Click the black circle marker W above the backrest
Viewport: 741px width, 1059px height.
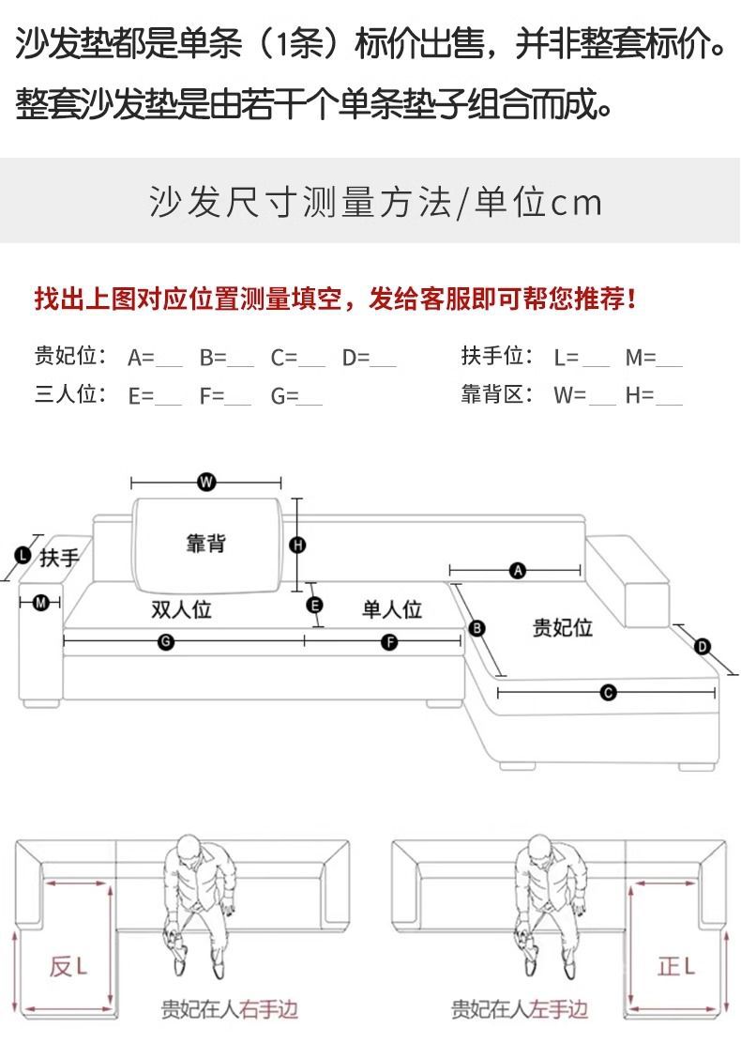[x=206, y=483]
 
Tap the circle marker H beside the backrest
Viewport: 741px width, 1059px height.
[x=298, y=545]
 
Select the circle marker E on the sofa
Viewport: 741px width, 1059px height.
[x=315, y=605]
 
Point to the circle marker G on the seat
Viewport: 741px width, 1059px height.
[x=165, y=642]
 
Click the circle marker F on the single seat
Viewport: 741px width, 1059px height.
[x=389, y=642]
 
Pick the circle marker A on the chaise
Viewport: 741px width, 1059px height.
[x=516, y=570]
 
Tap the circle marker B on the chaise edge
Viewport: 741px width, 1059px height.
[x=476, y=628]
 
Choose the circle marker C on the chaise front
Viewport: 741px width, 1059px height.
[x=608, y=693]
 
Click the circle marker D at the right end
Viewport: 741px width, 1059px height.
[x=703, y=646]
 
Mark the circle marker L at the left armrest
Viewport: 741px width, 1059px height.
[x=23, y=555]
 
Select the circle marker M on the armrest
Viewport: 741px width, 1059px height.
[x=40, y=603]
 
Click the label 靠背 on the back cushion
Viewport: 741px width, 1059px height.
[x=204, y=544]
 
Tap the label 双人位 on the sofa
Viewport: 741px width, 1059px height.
[x=182, y=609]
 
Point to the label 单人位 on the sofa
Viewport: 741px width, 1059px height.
[x=392, y=609]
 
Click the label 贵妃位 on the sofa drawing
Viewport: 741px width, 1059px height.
[x=563, y=627]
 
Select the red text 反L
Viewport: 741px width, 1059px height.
[x=68, y=965]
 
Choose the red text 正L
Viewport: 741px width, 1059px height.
[x=675, y=965]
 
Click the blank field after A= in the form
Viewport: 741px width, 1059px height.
[x=169, y=359]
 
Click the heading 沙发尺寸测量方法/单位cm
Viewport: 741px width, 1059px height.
[x=375, y=202]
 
